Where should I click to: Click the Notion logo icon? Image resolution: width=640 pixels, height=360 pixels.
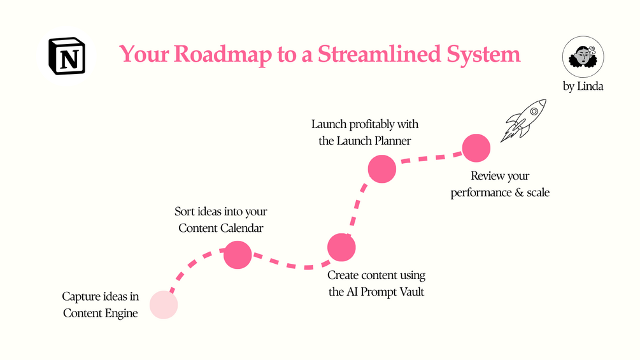(67, 56)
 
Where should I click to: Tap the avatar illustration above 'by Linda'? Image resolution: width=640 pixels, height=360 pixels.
(582, 57)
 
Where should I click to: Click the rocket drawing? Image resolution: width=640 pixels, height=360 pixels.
(524, 119)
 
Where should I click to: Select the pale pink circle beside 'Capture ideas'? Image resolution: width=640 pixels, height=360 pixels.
(164, 304)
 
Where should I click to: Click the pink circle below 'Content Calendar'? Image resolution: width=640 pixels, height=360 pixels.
(238, 255)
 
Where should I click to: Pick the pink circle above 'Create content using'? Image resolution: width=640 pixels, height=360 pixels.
(341, 247)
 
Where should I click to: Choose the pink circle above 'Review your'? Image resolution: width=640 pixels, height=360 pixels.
(476, 148)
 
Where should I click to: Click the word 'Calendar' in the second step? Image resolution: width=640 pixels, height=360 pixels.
(242, 227)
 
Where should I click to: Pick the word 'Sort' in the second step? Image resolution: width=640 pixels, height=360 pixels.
(185, 211)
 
